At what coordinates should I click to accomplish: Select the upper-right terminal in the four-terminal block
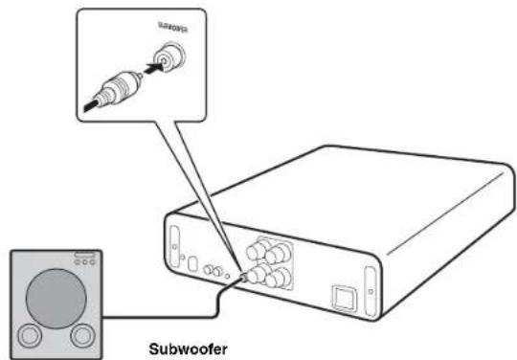click(281, 256)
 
